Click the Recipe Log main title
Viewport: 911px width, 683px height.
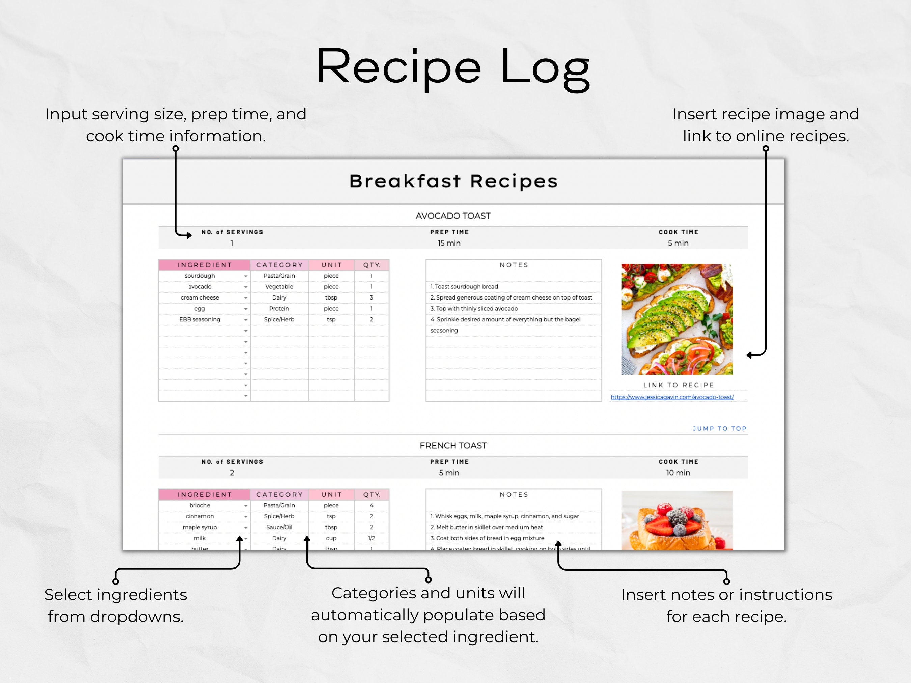coord(453,68)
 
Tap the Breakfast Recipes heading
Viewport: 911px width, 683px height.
coord(453,181)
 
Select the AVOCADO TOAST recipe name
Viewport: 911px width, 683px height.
coord(453,216)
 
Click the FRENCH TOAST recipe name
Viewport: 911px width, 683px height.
coord(453,446)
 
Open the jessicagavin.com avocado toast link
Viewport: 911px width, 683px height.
coord(672,397)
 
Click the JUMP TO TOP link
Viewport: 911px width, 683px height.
coord(719,429)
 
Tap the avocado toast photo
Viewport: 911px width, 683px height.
coord(677,319)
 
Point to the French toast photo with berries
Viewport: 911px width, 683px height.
coord(677,521)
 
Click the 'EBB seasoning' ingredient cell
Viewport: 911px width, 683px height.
coord(200,319)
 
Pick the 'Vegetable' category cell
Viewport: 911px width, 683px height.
coord(279,287)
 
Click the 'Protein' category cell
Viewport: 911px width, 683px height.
coord(279,308)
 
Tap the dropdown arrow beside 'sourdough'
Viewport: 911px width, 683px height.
coord(245,276)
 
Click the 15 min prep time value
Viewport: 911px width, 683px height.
coord(449,243)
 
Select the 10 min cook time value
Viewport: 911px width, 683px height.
coord(678,473)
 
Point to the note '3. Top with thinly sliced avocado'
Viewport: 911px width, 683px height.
coord(474,308)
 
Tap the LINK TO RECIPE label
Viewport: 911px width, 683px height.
coord(678,385)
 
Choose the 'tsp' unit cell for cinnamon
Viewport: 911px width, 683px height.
coord(331,516)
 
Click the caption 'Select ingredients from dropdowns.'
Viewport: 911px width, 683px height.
coord(115,606)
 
